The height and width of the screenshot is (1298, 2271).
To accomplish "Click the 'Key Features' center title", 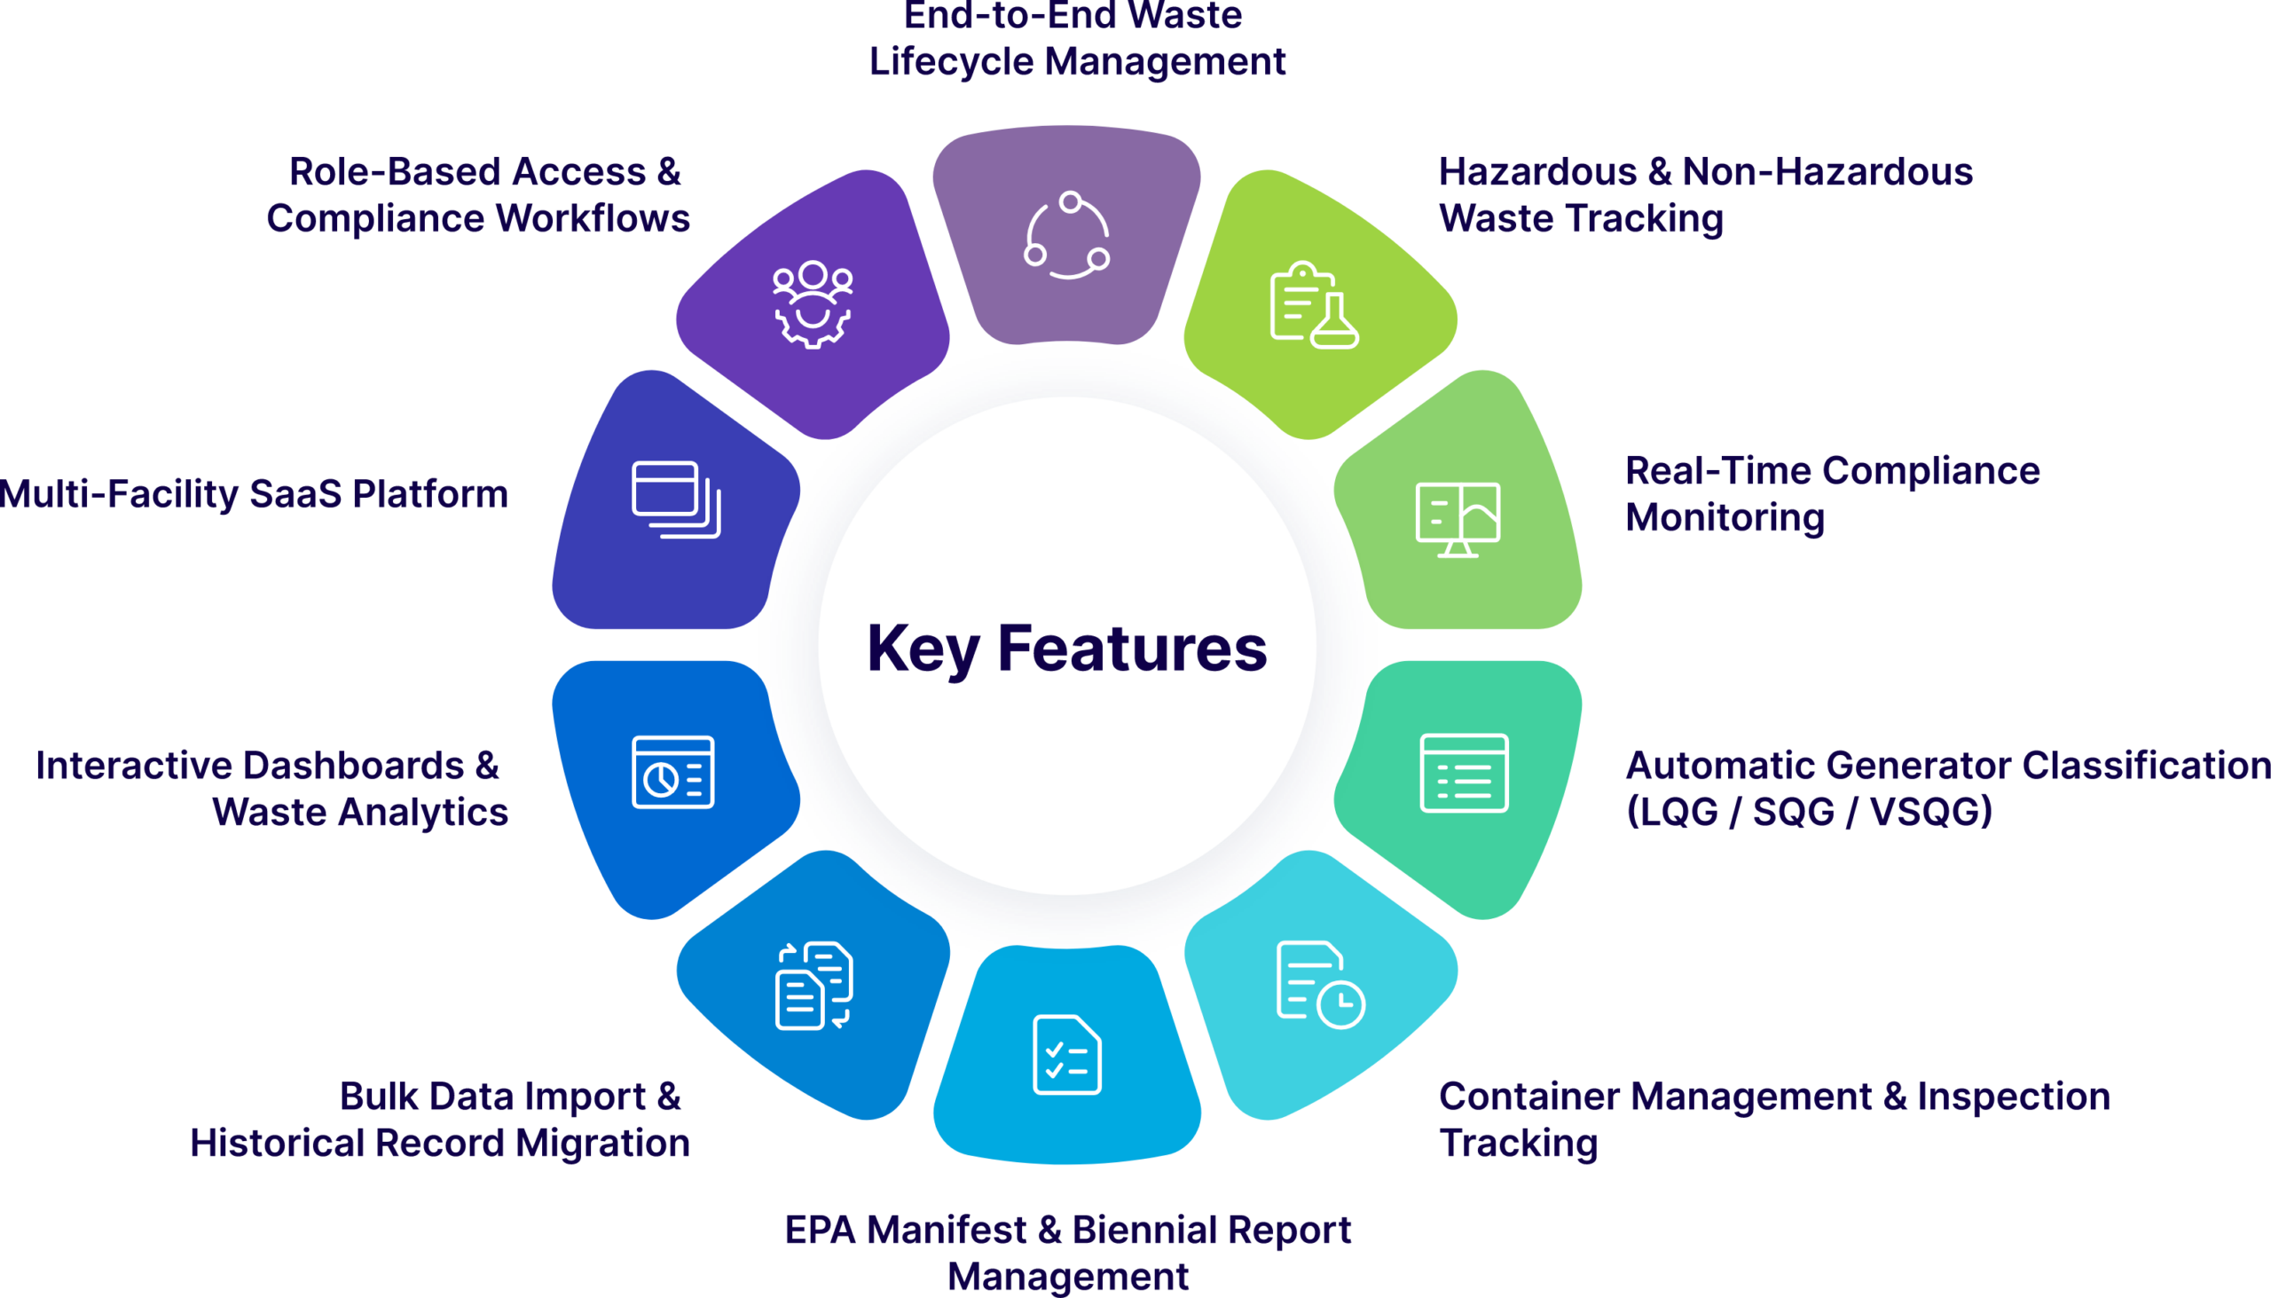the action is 1067,650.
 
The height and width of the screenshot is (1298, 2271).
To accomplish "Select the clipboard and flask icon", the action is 1314,305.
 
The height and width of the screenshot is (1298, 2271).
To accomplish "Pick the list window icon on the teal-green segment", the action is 1464,773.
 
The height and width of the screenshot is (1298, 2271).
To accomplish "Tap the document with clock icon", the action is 1321,984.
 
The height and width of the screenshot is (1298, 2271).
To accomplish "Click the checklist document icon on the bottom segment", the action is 1067,1055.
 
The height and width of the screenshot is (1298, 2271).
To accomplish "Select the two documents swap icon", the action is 813,984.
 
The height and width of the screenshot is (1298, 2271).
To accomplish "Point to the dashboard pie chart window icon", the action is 673,772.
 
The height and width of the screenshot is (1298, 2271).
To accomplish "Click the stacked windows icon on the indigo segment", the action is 677,500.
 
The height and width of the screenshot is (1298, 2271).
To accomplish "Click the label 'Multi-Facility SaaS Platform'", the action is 253,495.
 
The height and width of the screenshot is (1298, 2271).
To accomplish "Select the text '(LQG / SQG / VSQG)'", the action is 1810,812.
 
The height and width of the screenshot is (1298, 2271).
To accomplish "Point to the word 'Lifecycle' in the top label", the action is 950,62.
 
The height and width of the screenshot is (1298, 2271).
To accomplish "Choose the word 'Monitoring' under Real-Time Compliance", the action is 1725,519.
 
